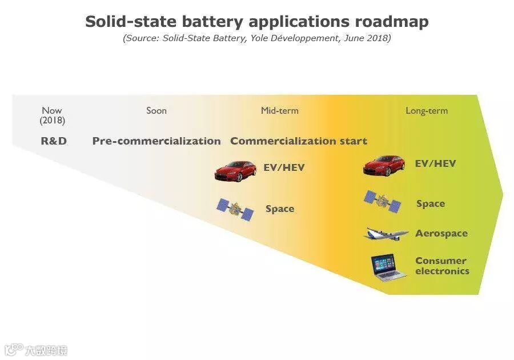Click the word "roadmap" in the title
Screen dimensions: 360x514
coord(392,22)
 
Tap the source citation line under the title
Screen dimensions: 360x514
coord(257,39)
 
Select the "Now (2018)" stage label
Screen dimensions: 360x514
coord(53,115)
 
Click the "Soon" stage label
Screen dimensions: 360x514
coord(156,110)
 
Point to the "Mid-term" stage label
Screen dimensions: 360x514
coord(279,110)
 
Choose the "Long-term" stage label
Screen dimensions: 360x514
coord(427,110)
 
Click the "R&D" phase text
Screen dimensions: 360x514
coord(54,141)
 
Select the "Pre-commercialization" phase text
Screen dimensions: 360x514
coord(156,141)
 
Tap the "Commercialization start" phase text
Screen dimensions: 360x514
coord(299,141)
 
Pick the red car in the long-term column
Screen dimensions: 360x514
coord(384,165)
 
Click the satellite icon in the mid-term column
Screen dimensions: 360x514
coord(235,209)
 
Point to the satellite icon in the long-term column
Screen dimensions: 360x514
coord(383,202)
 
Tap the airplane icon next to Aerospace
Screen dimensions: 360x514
coord(387,233)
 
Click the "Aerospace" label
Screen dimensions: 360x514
coord(441,233)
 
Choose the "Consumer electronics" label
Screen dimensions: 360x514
coord(441,266)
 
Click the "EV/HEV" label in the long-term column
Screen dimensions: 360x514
coord(435,163)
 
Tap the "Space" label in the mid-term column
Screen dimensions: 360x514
coord(280,209)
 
